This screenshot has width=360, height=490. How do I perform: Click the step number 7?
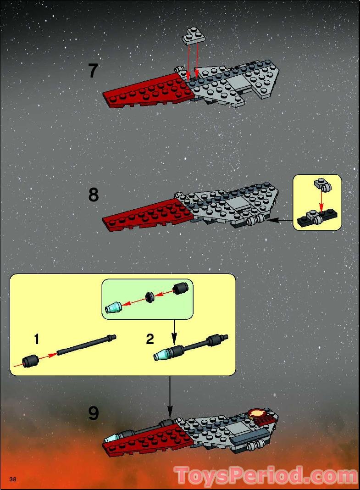pos(94,71)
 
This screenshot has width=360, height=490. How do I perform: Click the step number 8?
pos(94,195)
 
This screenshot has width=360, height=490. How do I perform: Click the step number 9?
pos(94,413)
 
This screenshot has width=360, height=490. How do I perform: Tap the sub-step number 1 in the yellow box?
pos(36,340)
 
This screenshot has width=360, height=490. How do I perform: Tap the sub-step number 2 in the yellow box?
pos(150,340)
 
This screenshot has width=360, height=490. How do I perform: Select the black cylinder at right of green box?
pos(180,289)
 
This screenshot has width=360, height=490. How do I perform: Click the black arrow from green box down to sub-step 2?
pos(174,332)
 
